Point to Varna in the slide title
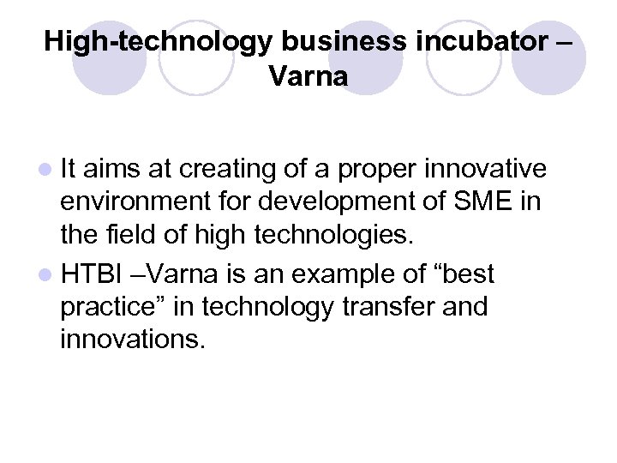[x=308, y=77]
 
